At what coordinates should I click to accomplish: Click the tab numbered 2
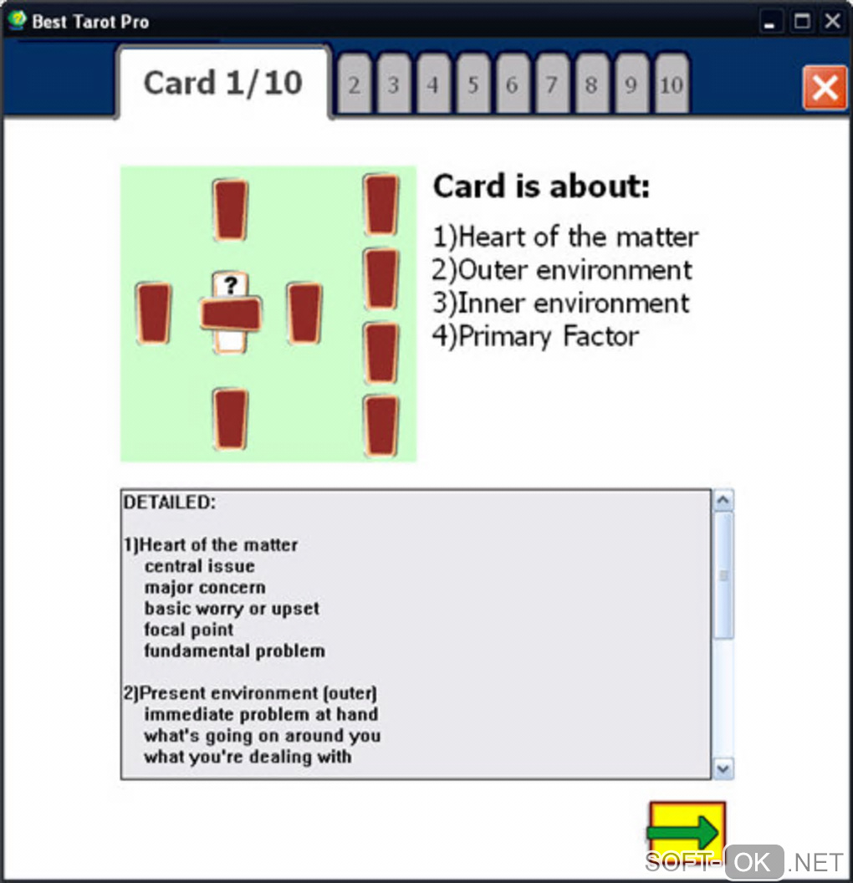point(354,84)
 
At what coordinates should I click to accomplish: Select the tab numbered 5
point(473,84)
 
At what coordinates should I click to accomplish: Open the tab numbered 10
point(672,84)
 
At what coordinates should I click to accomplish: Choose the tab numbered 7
point(552,84)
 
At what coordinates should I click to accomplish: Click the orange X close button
point(825,87)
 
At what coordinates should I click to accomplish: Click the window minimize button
point(769,22)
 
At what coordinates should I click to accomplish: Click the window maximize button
point(802,22)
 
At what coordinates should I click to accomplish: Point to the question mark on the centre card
point(230,285)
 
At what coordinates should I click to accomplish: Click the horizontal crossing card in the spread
point(231,314)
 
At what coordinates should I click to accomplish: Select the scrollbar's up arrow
point(723,500)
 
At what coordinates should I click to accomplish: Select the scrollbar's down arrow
point(723,768)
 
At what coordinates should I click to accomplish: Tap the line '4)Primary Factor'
point(535,336)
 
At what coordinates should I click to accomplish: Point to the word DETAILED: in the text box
point(170,503)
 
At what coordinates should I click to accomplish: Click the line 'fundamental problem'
point(235,651)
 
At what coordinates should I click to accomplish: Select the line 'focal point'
point(189,630)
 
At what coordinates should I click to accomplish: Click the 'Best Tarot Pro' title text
point(90,22)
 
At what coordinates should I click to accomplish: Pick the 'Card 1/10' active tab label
point(223,83)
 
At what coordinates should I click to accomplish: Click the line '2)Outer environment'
point(562,270)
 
